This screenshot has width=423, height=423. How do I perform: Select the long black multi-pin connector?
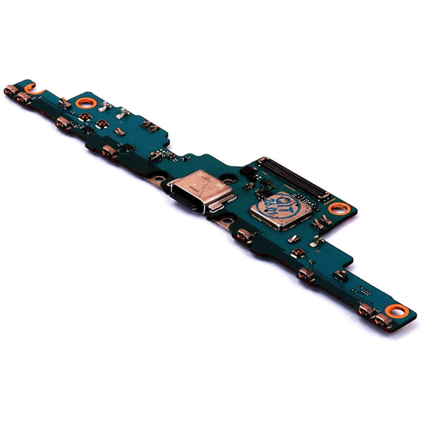tap(293, 177)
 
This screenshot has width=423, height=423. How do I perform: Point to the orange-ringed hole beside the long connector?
tap(338, 208)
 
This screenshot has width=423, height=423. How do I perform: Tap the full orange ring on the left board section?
tap(86, 103)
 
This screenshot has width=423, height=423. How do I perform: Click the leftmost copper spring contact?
tap(11, 90)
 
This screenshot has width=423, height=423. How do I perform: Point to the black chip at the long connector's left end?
tap(248, 171)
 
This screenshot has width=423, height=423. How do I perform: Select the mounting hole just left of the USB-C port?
tap(161, 180)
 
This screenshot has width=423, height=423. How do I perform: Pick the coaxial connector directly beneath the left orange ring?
tap(102, 124)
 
